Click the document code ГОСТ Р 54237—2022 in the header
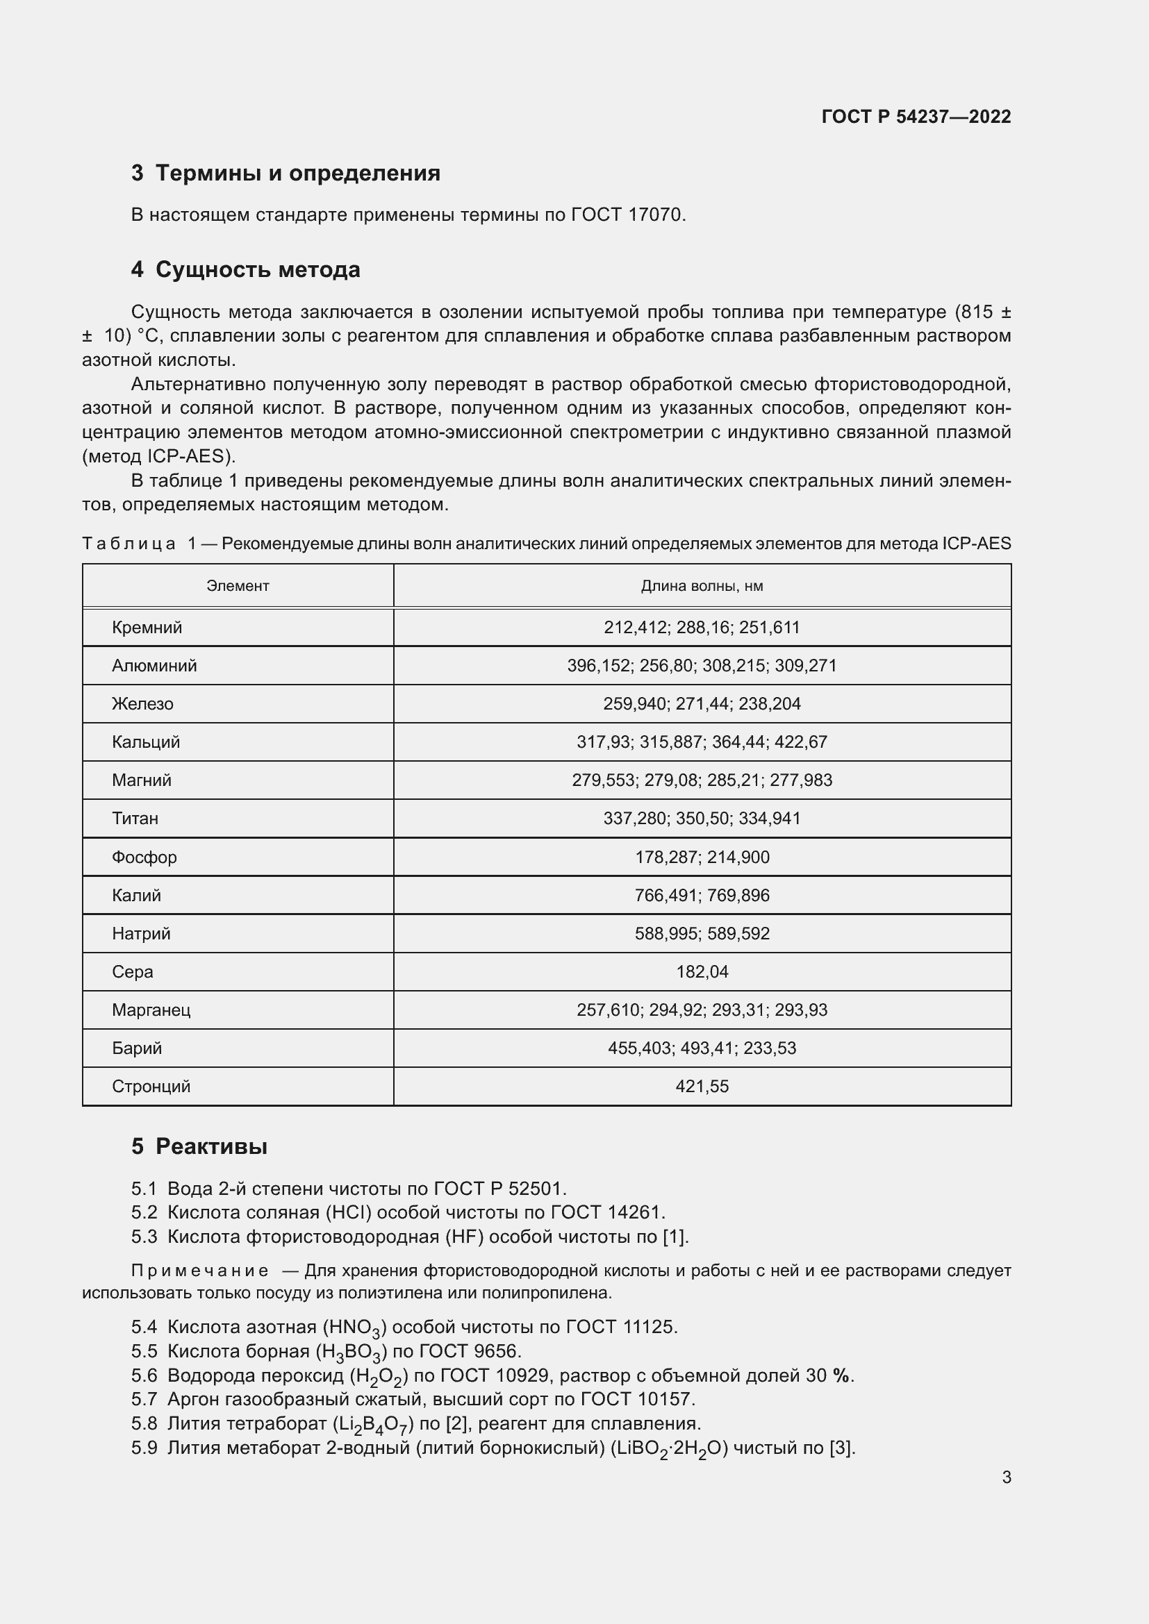(x=916, y=117)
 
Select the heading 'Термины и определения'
(x=297, y=174)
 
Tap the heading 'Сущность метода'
(x=258, y=269)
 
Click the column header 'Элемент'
(x=238, y=586)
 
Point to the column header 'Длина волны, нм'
(x=701, y=586)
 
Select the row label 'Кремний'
(x=147, y=628)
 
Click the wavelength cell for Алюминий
(x=701, y=666)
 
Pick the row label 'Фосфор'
(x=144, y=857)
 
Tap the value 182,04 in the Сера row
(x=701, y=972)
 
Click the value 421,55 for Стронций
(x=701, y=1087)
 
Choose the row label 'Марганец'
(x=151, y=1010)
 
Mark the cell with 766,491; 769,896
(x=701, y=896)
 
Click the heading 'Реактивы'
(x=211, y=1146)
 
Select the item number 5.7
(x=144, y=1399)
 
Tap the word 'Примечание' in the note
(x=199, y=1271)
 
